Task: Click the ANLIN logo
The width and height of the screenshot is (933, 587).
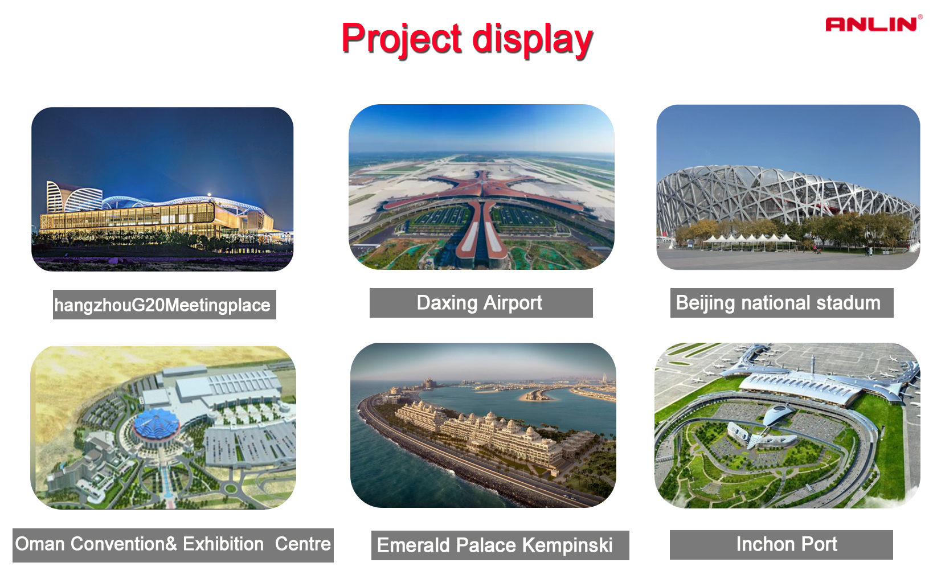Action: [x=872, y=24]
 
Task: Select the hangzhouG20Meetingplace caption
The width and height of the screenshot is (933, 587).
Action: [x=162, y=305]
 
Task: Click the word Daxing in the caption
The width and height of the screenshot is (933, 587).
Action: [x=447, y=303]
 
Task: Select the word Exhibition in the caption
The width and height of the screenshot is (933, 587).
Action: [x=223, y=544]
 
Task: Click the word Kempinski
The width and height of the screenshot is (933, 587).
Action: [x=567, y=545]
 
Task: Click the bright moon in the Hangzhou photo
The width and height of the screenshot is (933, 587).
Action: [x=209, y=194]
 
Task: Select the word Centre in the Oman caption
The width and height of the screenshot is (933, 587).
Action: [x=302, y=544]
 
